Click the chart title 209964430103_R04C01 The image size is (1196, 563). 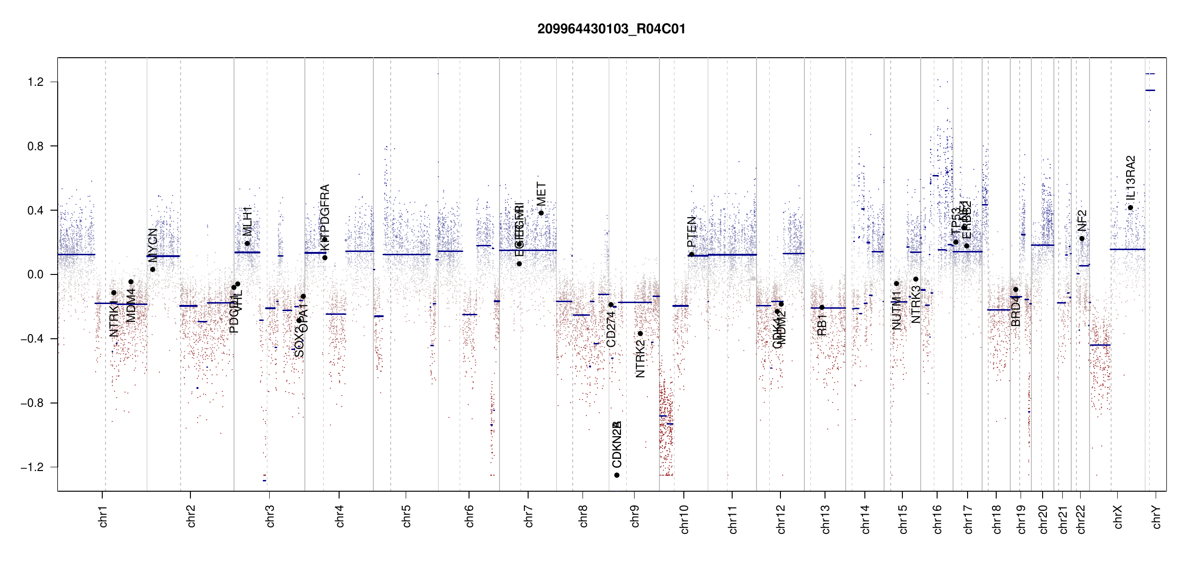[x=611, y=29]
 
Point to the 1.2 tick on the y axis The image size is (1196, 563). [x=35, y=82]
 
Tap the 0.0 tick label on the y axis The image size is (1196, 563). [x=35, y=274]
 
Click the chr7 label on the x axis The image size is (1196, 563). [x=529, y=516]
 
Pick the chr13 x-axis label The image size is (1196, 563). [x=825, y=519]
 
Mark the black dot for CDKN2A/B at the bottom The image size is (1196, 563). [x=617, y=475]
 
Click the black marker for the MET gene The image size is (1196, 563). [x=541, y=213]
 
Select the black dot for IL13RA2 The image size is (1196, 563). [x=1130, y=208]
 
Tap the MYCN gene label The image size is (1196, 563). [x=152, y=245]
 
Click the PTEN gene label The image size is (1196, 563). [x=691, y=232]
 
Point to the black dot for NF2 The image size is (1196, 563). [x=1082, y=239]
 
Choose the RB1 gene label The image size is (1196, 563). [x=822, y=325]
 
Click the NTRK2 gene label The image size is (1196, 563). [x=640, y=359]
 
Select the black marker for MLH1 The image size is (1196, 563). [x=247, y=243]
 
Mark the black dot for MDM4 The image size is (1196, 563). [x=131, y=282]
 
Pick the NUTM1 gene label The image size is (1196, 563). [x=896, y=310]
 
